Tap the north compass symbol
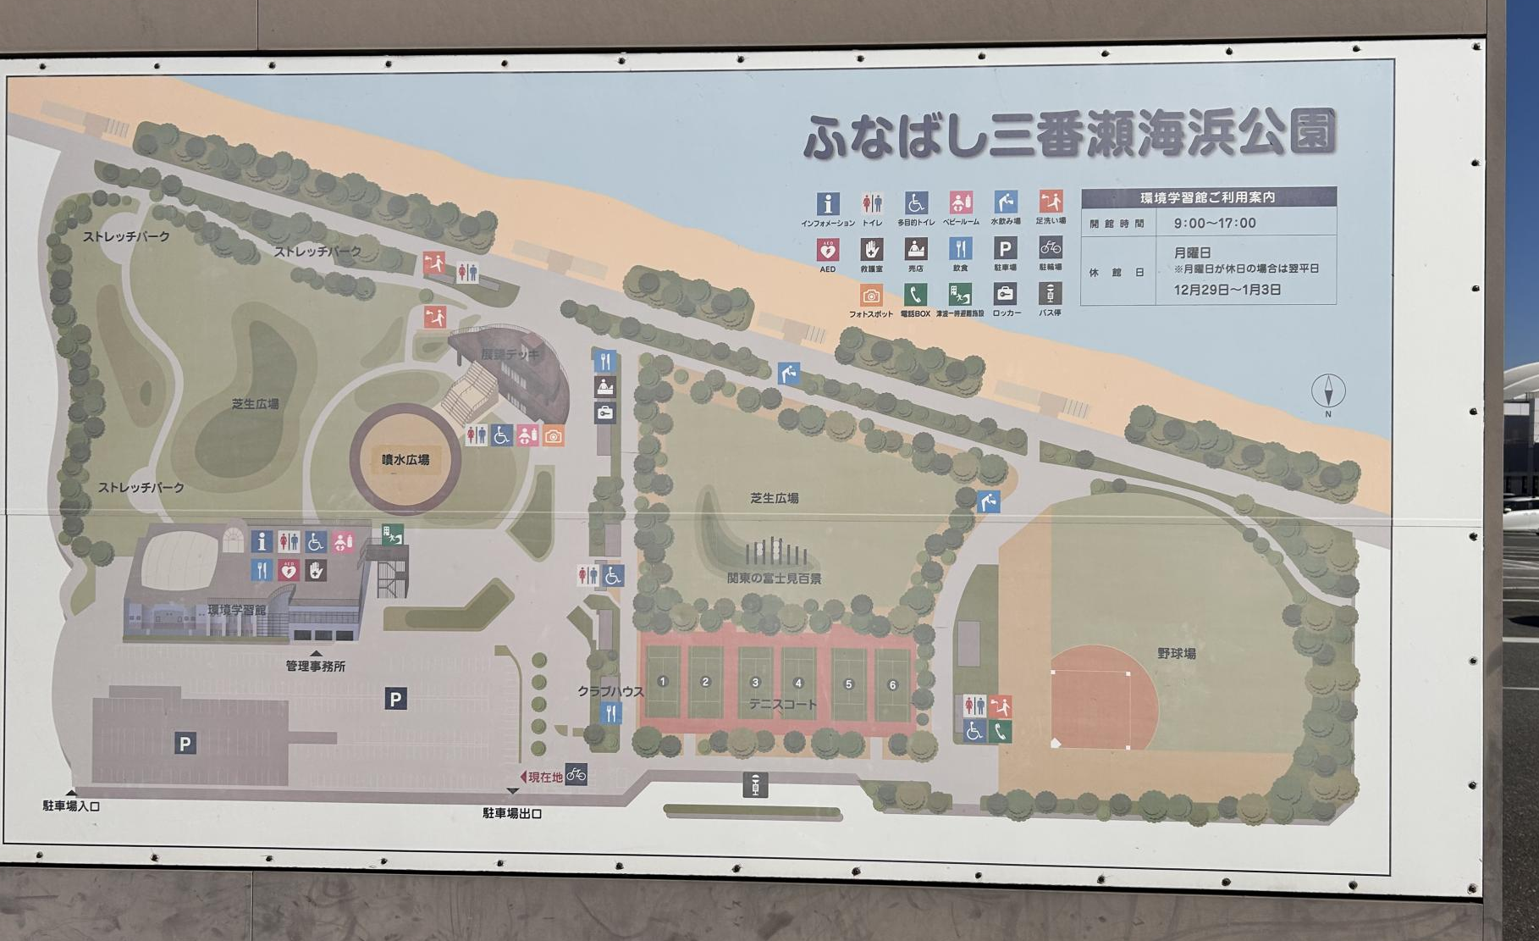[x=1327, y=392]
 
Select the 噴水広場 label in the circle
[x=405, y=460]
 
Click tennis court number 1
[x=663, y=681]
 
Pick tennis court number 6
[x=891, y=684]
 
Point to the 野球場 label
[x=1177, y=653]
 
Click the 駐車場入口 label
[x=71, y=805]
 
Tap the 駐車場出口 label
[x=512, y=813]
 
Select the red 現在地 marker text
[x=545, y=776]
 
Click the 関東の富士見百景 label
[x=774, y=578]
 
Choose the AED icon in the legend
[x=827, y=250]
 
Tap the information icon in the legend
[x=827, y=203]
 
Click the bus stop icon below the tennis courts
[x=754, y=785]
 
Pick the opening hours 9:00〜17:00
[x=1215, y=224]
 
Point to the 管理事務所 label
[x=315, y=666]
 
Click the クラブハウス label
[x=610, y=691]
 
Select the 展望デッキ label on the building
[x=510, y=354]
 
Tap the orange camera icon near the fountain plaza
[x=554, y=436]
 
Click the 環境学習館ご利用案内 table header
[x=1208, y=197]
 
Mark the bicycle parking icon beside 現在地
[x=576, y=774]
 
